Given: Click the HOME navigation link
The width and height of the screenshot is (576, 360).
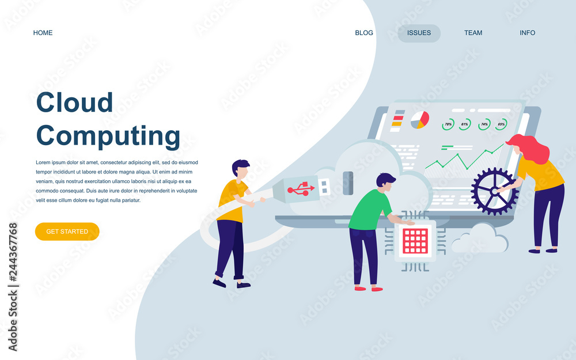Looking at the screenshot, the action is [43, 33].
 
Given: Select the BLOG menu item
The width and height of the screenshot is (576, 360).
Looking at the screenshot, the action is [363, 33].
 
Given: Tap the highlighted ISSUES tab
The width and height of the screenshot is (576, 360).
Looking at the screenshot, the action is [419, 33].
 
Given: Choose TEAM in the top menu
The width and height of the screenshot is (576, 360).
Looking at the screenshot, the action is [473, 33].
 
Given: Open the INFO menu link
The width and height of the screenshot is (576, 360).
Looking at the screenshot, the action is [527, 33].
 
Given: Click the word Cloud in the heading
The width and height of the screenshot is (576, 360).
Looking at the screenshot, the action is [74, 102].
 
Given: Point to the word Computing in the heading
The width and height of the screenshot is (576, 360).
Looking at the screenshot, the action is [108, 137].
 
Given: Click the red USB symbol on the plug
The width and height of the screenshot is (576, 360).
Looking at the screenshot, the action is [301, 189].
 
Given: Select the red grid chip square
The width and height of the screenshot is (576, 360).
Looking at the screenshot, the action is [415, 241].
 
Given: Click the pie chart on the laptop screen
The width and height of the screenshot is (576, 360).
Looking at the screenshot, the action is [420, 120].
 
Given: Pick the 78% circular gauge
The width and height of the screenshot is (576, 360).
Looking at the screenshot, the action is [448, 124].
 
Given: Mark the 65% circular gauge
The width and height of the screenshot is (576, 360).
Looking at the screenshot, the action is [501, 124].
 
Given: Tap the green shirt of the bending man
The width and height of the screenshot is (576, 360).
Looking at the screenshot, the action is [369, 210].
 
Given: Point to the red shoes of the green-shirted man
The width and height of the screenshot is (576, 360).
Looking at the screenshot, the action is [369, 289].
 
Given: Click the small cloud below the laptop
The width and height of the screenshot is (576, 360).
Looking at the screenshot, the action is [480, 239].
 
